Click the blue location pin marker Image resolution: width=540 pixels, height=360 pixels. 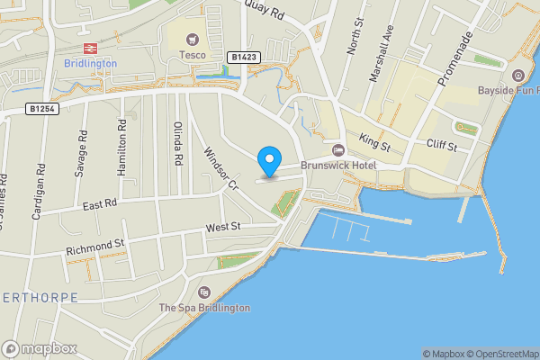coord(268,162)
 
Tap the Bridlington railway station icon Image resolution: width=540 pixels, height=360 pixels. coord(90,48)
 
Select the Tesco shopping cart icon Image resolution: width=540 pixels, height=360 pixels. coord(192,39)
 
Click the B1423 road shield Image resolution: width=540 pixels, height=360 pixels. coord(243,57)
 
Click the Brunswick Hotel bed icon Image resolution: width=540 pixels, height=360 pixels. coord(338,149)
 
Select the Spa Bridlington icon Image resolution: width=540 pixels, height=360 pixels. coord(204,292)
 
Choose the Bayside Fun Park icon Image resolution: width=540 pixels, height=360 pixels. coord(517,75)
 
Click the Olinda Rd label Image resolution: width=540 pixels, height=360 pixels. coord(178,143)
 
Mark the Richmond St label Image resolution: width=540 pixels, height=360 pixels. coord(93,244)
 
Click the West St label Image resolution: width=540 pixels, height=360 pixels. coord(223,228)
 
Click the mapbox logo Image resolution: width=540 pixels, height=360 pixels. coord(40,348)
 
